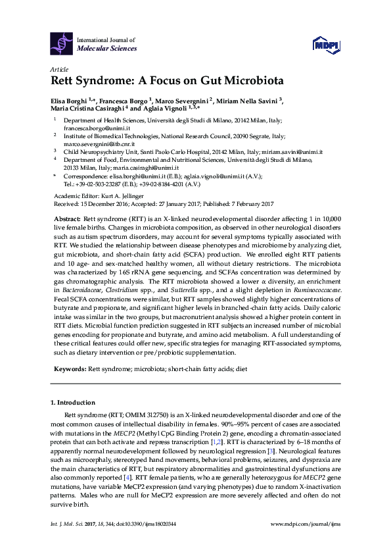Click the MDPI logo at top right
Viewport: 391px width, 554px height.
click(x=325, y=43)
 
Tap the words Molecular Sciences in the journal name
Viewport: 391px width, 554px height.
click(x=107, y=49)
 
